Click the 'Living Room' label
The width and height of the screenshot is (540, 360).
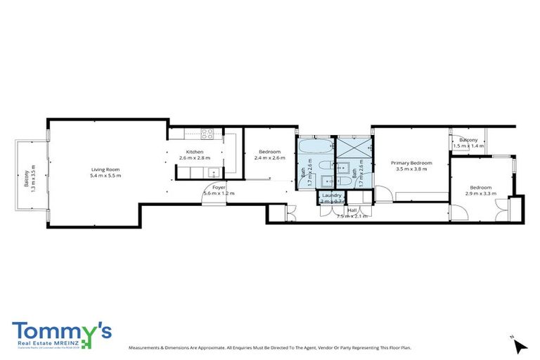pyautogui.click(x=105, y=169)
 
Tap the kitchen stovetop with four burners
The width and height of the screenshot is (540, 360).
pyautogui.click(x=207, y=134)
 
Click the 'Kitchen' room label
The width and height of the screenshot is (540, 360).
pyautogui.click(x=195, y=152)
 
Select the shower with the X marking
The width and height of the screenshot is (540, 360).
pyautogui.click(x=349, y=147)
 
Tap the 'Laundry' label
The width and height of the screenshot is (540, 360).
pyautogui.click(x=331, y=195)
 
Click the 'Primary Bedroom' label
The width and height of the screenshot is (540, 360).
pyautogui.click(x=411, y=162)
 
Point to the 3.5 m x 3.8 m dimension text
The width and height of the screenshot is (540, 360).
pyautogui.click(x=411, y=169)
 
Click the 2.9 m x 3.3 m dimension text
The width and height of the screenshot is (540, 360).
pyautogui.click(x=481, y=193)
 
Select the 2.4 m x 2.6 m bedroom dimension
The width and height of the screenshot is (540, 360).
pyautogui.click(x=269, y=158)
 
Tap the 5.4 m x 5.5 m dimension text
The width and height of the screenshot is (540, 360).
pyautogui.click(x=105, y=176)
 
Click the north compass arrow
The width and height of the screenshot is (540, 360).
pyautogui.click(x=520, y=346)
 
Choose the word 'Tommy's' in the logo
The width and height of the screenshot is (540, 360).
pyautogui.click(x=60, y=330)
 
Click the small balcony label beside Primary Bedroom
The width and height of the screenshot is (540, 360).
pyautogui.click(x=468, y=140)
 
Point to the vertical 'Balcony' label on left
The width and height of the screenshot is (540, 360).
pyautogui.click(x=27, y=180)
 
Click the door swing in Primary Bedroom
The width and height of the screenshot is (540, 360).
pyautogui.click(x=382, y=194)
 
